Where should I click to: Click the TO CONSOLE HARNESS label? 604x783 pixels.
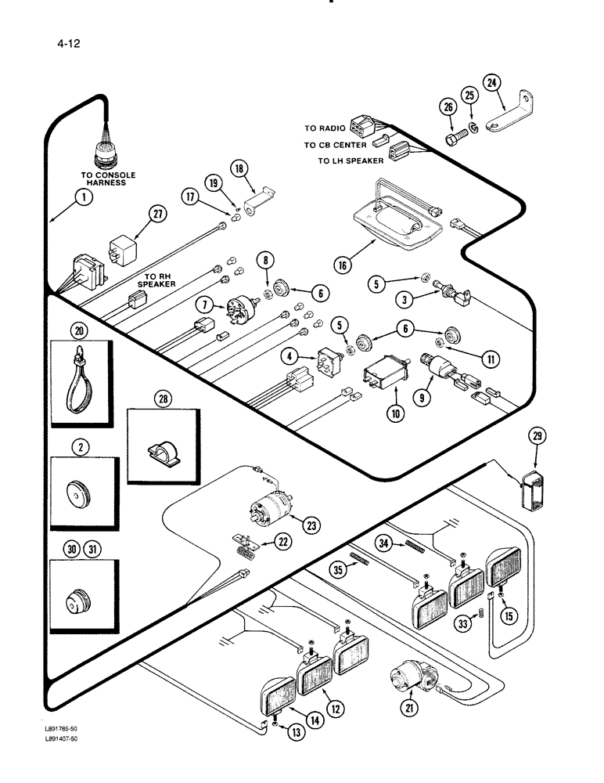coord(108,179)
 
